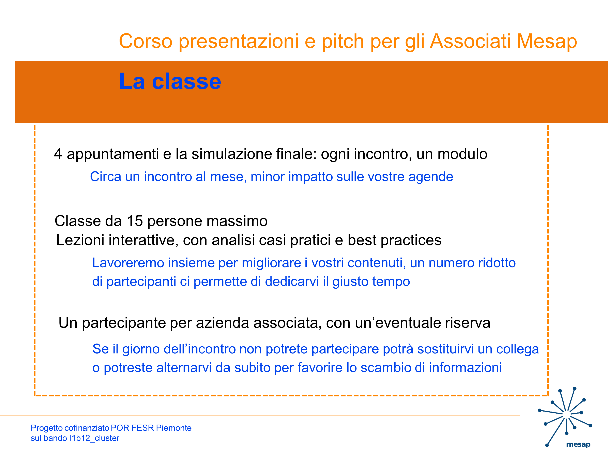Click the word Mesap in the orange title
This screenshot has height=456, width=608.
point(547,41)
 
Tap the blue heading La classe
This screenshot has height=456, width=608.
point(170,81)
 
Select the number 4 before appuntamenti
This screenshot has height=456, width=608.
point(58,154)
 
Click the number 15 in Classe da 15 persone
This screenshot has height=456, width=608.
point(135,221)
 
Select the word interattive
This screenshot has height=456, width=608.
point(143,240)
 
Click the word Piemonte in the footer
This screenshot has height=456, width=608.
point(174,428)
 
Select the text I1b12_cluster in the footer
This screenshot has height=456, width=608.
point(94,438)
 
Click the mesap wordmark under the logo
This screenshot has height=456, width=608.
point(578,444)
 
